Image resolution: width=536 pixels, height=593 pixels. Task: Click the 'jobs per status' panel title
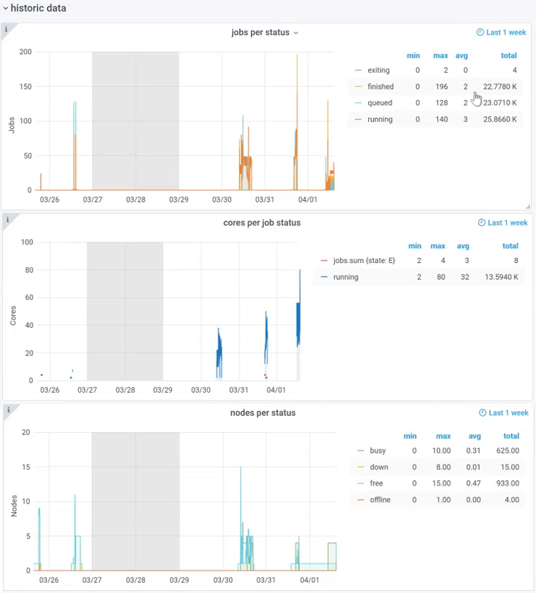pos(260,32)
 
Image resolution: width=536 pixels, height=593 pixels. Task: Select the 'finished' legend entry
pos(380,87)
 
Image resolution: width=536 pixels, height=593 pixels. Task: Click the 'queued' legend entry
pos(379,103)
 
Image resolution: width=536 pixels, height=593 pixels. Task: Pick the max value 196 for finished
pos(441,87)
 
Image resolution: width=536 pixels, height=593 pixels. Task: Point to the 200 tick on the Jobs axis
pos(25,52)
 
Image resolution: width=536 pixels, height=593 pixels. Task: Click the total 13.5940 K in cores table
pos(500,277)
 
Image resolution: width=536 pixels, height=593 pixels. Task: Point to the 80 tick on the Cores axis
pos(29,270)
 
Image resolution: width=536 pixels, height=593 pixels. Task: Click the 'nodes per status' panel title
pos(263,412)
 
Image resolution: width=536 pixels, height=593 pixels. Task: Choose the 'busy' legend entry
pos(377,451)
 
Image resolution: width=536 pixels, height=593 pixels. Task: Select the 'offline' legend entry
pos(379,500)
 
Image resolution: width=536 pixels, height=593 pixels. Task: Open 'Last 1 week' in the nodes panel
pos(503,412)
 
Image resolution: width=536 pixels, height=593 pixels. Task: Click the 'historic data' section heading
pos(39,8)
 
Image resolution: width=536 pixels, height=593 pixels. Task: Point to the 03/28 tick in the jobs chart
pos(135,200)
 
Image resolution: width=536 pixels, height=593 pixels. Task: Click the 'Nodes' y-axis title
pos(15,506)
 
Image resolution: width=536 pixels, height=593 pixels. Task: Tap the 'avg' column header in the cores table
pos(463,246)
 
